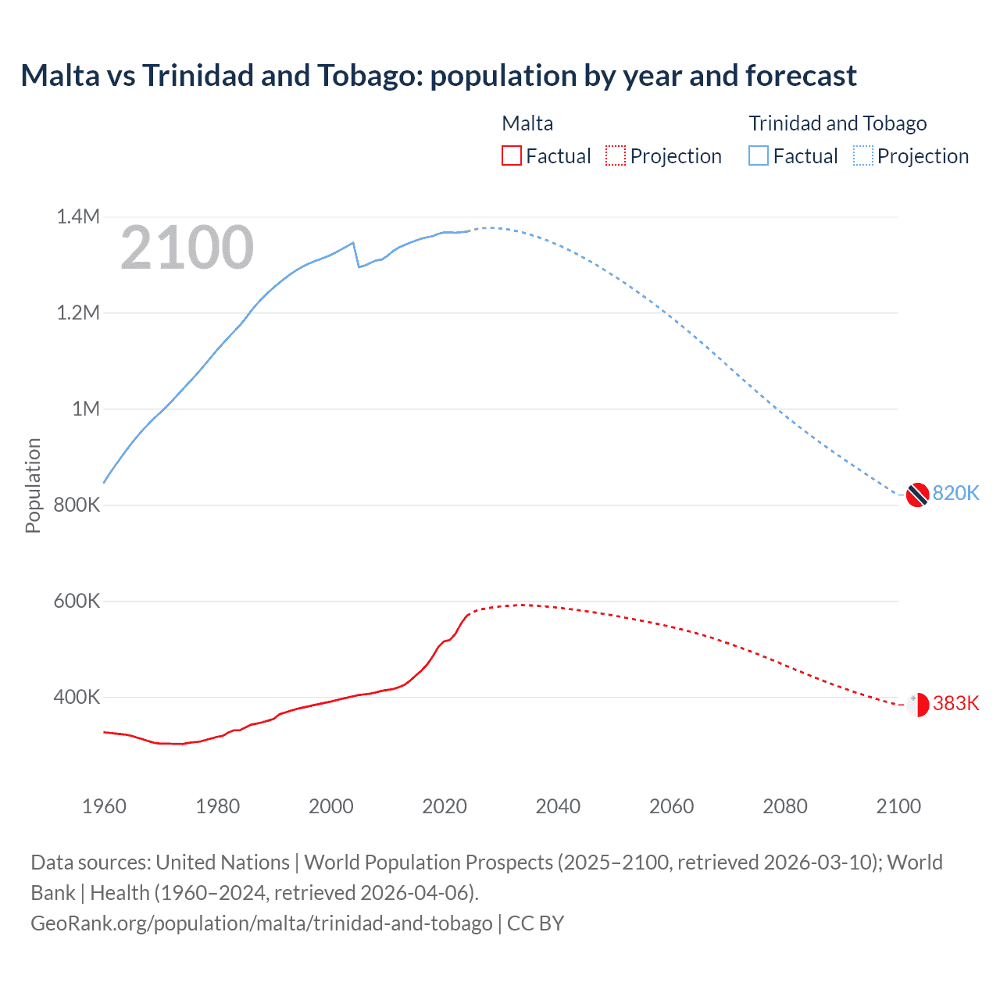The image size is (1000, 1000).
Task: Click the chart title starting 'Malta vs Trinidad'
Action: tap(438, 76)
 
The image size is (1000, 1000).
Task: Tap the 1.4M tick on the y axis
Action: tap(78, 216)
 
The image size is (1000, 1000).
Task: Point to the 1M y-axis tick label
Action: tap(86, 409)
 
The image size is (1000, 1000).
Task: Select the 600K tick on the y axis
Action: tap(77, 601)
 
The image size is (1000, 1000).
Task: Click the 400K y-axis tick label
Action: tap(77, 697)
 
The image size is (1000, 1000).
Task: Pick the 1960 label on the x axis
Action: tap(104, 806)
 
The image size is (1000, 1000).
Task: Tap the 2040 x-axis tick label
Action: tap(558, 806)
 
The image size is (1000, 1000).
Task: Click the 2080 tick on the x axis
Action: tap(785, 806)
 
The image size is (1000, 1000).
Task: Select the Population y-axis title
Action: tap(33, 485)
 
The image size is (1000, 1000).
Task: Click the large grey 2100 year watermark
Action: tap(187, 248)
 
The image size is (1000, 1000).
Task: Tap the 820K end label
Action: tap(955, 493)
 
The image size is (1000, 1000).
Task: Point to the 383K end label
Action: tap(955, 703)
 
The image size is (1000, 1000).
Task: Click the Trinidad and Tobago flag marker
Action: tap(917, 495)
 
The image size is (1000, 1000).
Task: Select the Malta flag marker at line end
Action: tap(917, 704)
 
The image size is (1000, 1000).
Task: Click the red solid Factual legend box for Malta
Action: tap(512, 156)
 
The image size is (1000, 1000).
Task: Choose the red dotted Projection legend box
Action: tap(616, 156)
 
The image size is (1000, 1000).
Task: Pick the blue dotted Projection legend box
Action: tap(863, 156)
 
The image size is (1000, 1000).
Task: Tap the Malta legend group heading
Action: tap(527, 123)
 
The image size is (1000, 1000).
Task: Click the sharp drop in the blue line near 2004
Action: tap(356, 255)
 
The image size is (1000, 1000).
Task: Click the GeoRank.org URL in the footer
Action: tap(262, 923)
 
